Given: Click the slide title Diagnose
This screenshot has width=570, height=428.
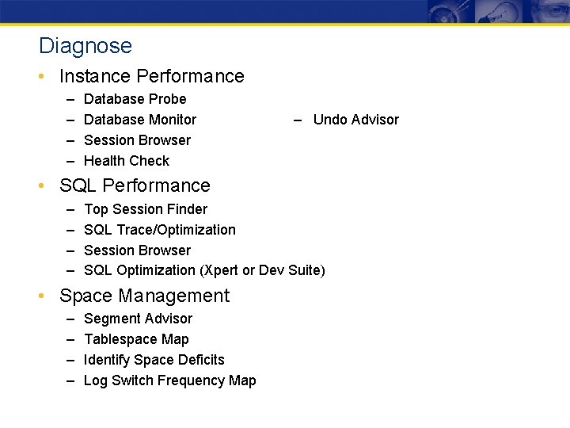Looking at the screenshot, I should (85, 46).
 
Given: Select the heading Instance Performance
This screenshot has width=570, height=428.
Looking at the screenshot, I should (151, 76).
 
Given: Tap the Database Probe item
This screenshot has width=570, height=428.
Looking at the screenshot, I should (135, 99).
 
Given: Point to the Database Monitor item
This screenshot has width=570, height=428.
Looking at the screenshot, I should (139, 120).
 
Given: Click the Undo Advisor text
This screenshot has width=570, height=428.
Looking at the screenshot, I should (355, 120).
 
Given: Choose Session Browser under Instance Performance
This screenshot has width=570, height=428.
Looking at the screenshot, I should (137, 140).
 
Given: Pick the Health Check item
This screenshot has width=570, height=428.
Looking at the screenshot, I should (127, 161).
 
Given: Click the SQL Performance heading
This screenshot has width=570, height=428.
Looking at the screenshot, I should (135, 185).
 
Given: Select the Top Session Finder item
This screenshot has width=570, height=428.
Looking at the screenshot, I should (146, 209).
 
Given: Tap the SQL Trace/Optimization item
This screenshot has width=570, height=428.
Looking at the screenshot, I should (159, 230).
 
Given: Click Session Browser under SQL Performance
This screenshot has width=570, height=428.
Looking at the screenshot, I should (137, 250).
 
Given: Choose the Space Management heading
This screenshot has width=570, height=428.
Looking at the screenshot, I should (144, 296).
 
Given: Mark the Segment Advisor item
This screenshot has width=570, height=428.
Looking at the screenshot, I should (138, 319).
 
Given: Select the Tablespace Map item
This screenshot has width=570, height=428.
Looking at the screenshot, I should (136, 339).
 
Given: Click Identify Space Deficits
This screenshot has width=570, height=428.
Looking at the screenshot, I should (154, 360).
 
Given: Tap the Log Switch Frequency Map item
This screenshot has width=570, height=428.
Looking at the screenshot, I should (169, 380).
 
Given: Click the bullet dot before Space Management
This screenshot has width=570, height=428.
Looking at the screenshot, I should (48, 296).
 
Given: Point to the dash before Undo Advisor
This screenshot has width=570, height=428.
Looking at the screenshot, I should (298, 120).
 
